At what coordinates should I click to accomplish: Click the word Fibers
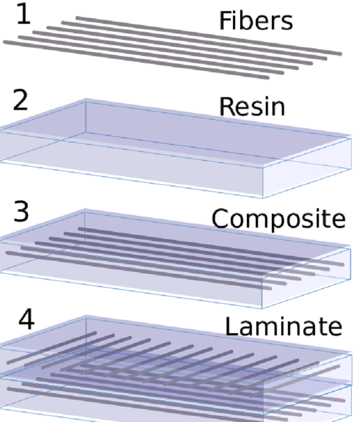[255, 21]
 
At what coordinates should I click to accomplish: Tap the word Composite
[278, 219]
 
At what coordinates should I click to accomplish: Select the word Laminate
[283, 326]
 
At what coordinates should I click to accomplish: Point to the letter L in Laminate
[229, 326]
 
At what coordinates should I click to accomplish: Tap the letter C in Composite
[219, 218]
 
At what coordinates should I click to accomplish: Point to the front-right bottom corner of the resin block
[263, 197]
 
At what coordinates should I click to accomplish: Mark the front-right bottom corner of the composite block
[263, 307]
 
